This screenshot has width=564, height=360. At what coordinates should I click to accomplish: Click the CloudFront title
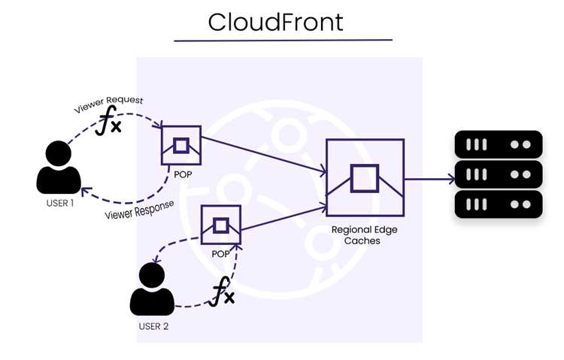pos(275,22)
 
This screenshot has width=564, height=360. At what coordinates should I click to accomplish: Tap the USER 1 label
pos(60,203)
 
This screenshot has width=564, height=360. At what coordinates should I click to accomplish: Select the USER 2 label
pos(153,326)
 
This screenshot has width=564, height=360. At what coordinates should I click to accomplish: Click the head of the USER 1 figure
pos(58,153)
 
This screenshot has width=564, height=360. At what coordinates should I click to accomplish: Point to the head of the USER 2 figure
pos(152,276)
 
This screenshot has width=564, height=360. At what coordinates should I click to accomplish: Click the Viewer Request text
pos(108,104)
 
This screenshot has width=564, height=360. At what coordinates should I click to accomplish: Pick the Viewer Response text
pos(140,210)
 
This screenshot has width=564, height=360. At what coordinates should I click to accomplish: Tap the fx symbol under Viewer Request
pos(108,120)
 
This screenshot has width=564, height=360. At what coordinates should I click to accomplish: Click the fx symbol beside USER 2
pos(222,292)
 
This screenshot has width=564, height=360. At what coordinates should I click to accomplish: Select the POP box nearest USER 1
pos(181,145)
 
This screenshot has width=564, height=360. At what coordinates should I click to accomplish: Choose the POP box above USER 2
pos(220,225)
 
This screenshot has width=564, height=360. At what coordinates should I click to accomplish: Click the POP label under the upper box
pos(183,175)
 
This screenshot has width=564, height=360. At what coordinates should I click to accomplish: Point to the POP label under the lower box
pos(220,254)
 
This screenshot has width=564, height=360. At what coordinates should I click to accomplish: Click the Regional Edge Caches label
pos(364,234)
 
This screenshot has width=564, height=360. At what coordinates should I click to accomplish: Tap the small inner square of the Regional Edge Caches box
pos(365,178)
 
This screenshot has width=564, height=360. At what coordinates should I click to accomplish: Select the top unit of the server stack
pos(499,144)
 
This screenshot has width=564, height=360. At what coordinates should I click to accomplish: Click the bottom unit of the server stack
pos(499,204)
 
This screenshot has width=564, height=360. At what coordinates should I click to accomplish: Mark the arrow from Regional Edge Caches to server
pos(430,179)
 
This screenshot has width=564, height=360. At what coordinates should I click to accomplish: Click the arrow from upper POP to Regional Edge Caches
pos(264,155)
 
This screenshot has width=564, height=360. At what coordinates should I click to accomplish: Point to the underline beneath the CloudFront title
pos(283,41)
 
